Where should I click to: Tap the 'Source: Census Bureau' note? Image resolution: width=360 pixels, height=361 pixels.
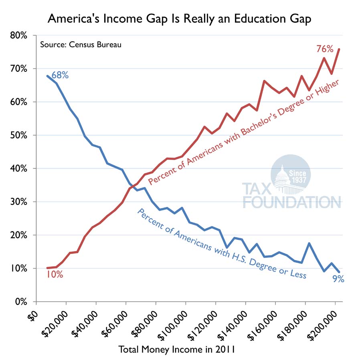(81, 44)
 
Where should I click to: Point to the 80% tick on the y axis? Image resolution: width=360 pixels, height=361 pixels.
(18, 36)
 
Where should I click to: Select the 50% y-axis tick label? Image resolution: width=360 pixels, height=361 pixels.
(18, 136)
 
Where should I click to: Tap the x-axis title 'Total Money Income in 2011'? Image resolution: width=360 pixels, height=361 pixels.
(176, 349)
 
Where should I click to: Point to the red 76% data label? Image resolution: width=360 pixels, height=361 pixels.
(325, 49)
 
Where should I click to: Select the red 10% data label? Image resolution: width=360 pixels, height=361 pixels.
(55, 275)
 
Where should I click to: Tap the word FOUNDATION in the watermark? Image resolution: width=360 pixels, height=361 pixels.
(291, 202)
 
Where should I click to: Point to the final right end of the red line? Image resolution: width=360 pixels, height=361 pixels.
(339, 49)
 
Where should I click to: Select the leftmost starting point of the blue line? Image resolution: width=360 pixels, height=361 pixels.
(47, 76)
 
